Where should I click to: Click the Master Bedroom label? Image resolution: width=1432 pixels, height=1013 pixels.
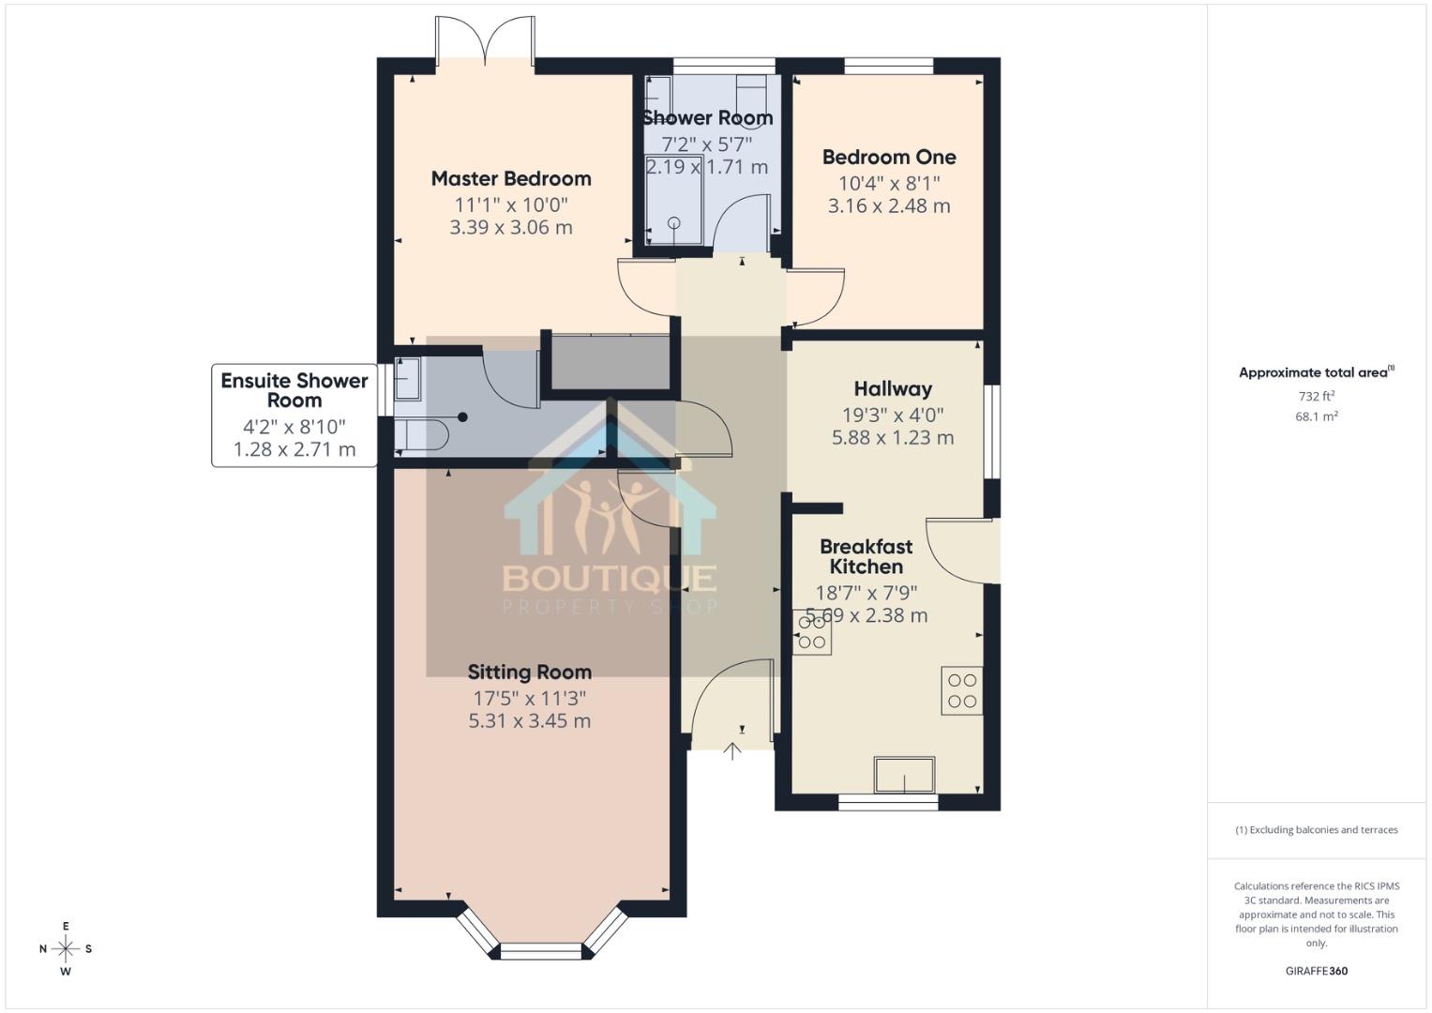click(511, 178)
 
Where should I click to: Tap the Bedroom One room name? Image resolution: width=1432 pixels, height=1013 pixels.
click(888, 157)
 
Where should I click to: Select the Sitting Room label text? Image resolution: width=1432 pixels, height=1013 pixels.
click(529, 672)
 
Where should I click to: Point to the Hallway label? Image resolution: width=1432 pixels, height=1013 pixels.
click(893, 388)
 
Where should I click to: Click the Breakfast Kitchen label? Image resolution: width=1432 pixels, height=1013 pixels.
click(866, 556)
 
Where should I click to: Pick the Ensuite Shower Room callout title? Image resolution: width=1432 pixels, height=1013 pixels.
click(294, 390)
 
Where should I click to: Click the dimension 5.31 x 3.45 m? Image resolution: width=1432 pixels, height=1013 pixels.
click(529, 720)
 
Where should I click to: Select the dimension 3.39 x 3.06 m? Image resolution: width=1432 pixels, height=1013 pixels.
click(511, 227)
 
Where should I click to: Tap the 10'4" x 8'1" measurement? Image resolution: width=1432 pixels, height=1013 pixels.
click(888, 182)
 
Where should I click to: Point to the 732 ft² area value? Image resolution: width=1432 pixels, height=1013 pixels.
click(1316, 396)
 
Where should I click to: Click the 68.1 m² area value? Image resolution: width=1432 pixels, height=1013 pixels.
click(1316, 416)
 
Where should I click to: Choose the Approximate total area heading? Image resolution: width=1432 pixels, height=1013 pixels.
click(1316, 372)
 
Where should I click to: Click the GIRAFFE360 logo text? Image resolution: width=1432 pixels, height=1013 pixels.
click(1316, 971)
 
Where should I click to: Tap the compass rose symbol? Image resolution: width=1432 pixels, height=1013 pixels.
click(66, 949)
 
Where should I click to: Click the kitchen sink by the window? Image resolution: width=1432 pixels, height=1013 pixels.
click(904, 775)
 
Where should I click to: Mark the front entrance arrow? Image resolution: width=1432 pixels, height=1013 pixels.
click(732, 749)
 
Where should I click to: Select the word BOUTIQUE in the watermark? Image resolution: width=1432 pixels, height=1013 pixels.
click(610, 577)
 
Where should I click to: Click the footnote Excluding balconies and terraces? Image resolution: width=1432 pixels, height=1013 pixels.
click(1316, 830)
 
